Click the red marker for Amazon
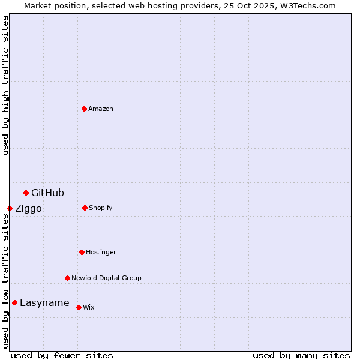[84, 109]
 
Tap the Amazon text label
[101, 109]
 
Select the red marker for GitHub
[26, 193]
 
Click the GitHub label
[47, 193]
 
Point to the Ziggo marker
[10, 208]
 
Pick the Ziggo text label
[28, 209]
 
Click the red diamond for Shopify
[85, 208]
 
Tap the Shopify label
[100, 208]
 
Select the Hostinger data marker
[82, 252]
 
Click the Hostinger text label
[101, 253]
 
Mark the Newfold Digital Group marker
[67, 278]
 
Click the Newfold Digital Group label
[106, 278]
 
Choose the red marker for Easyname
[14, 302]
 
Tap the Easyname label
[44, 303]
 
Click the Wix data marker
[79, 307]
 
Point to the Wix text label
[89, 308]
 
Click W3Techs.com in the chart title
[309, 6]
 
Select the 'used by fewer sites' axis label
[62, 355]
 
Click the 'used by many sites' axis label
[301, 355]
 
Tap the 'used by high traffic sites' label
[6, 86]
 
